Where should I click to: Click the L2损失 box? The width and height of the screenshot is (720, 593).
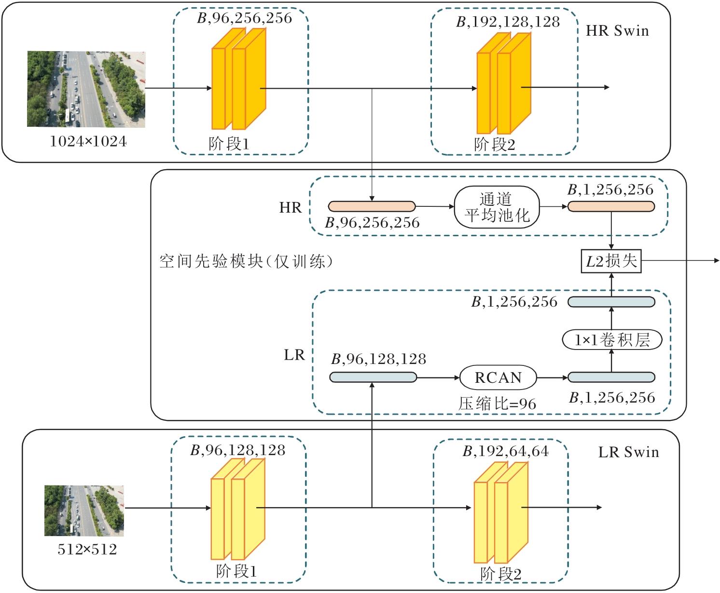611,261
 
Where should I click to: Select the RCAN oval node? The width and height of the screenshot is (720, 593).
498,377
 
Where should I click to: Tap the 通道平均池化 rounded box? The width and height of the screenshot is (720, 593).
497,207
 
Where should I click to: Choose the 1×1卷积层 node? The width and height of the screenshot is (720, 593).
611,340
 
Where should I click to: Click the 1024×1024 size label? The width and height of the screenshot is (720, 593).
88,142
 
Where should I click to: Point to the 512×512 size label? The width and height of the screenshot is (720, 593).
87,550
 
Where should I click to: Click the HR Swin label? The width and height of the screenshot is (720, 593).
617,31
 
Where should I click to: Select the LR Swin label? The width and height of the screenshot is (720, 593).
628,452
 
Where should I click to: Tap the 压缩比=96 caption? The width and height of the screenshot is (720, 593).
497,404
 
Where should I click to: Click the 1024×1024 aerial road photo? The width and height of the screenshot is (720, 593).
86,89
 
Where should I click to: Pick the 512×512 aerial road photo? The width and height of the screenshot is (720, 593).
84,511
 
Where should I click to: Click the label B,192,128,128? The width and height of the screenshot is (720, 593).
508,22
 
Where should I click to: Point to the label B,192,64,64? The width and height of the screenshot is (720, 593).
505,451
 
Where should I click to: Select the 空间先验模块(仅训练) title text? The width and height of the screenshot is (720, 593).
246,261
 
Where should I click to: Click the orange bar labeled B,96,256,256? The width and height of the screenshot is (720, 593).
372,206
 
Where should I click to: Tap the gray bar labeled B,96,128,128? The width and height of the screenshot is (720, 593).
373,377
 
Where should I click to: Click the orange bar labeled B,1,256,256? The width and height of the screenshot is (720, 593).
611,206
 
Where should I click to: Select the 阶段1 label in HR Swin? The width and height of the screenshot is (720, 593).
229,144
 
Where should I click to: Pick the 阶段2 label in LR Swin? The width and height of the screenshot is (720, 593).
500,574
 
